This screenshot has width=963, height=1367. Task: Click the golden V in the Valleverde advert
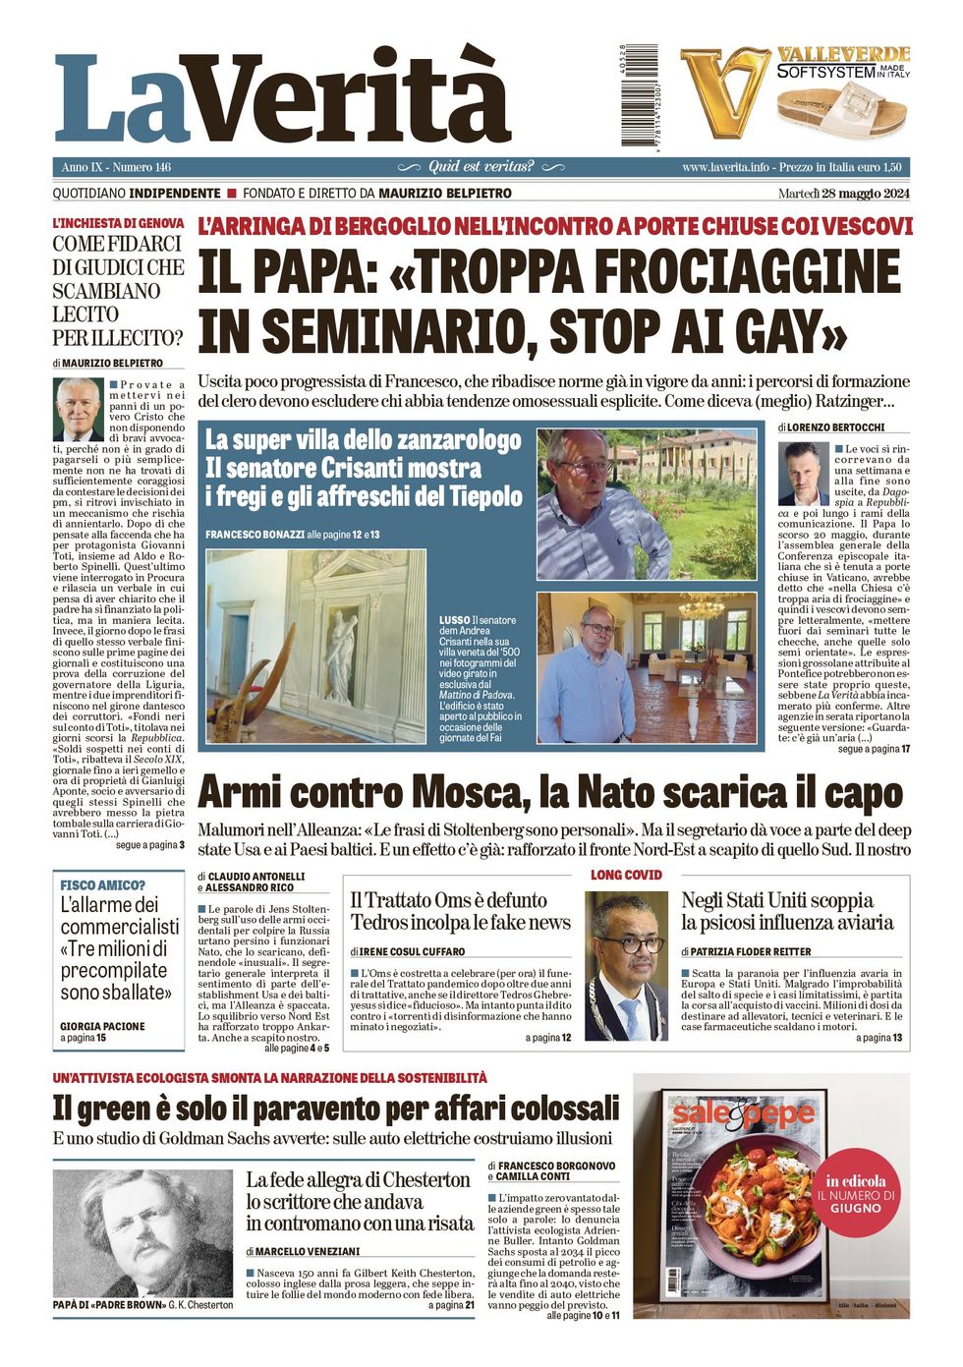pos(725,91)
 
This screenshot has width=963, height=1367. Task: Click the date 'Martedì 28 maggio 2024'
pos(843,193)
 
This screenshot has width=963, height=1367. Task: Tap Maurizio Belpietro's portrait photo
pos(78,409)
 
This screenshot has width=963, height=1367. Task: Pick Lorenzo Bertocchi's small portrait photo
pos(803,473)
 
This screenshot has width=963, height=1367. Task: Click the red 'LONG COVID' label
pos(626,875)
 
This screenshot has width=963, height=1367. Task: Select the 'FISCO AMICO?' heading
pos(102,885)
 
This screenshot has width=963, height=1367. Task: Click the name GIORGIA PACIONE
pos(102,1026)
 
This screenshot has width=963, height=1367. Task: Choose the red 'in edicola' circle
pos(856,1193)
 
